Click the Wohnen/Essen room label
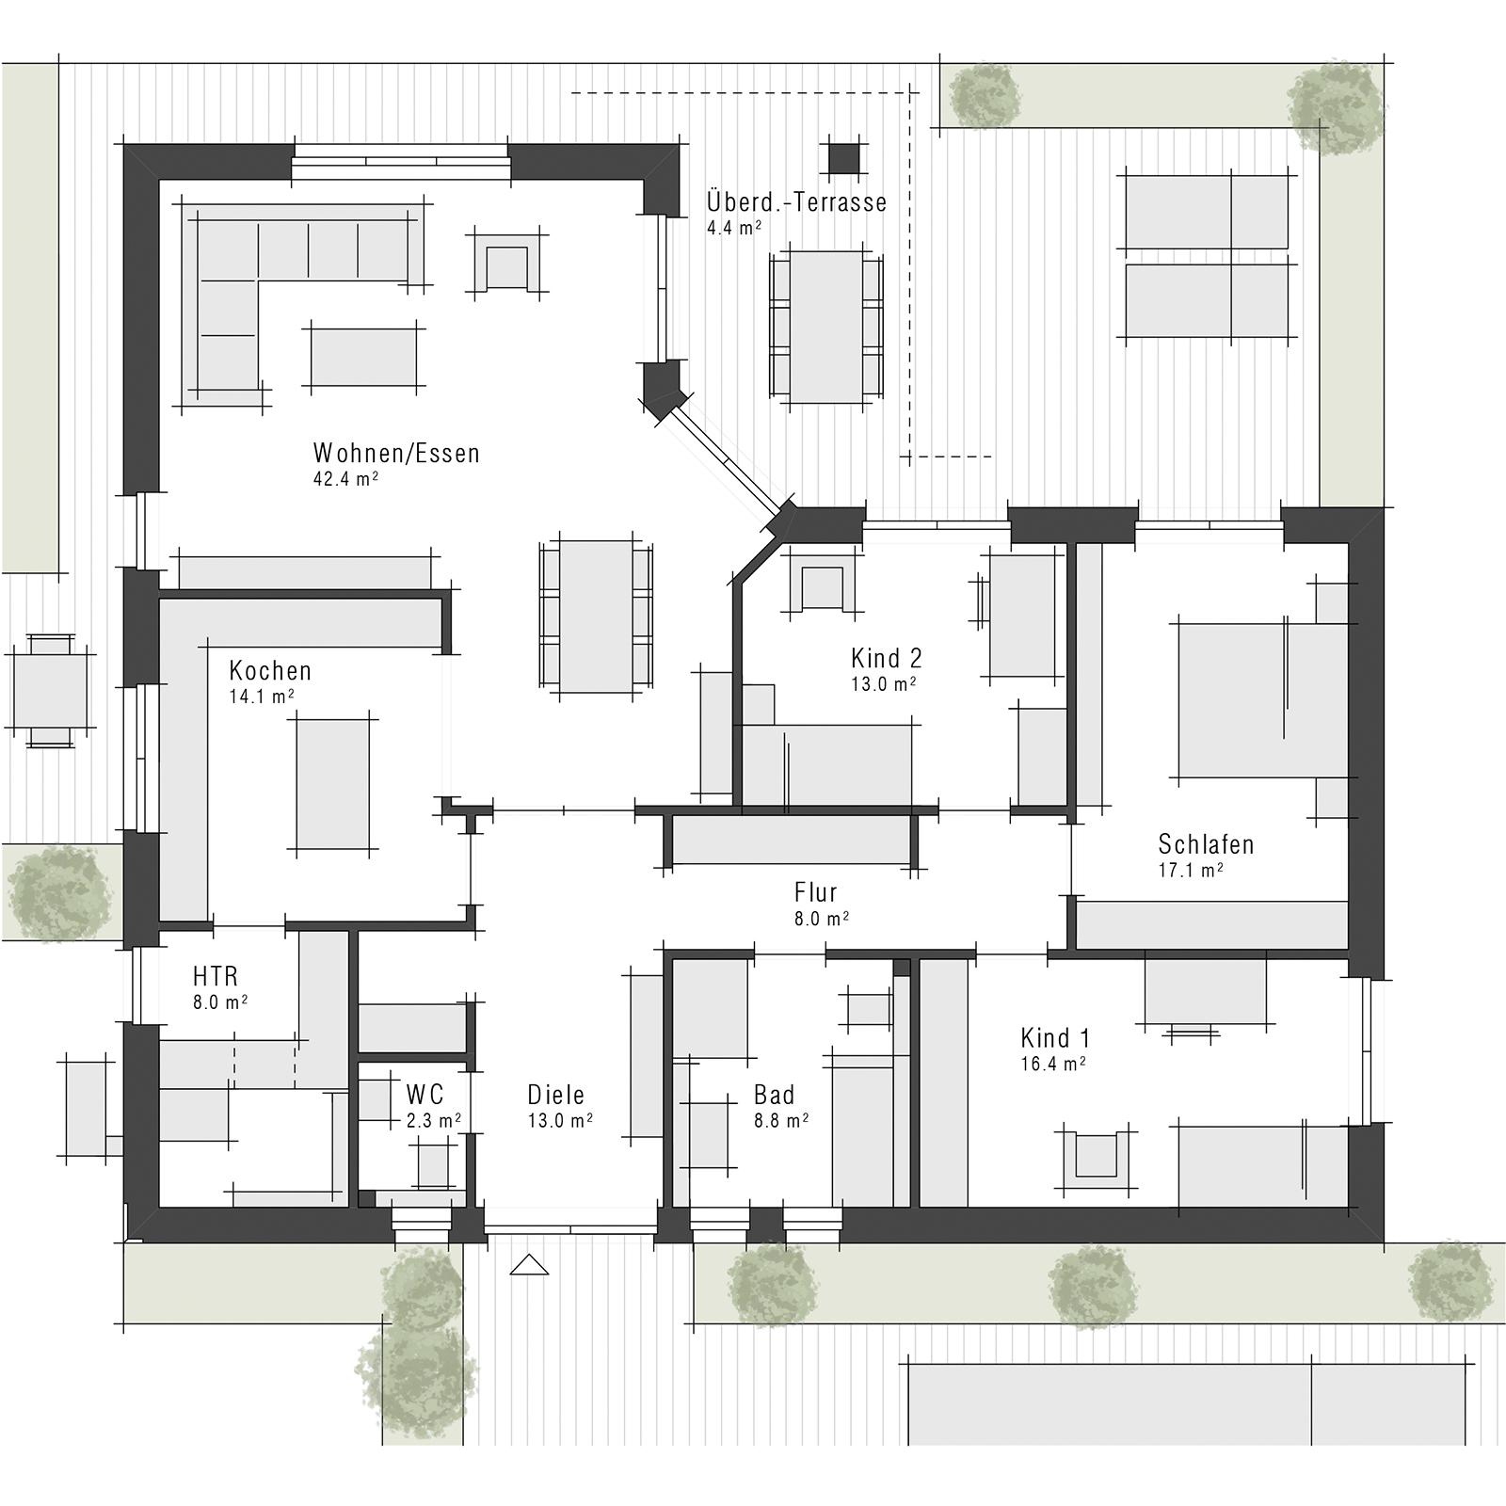[396, 454]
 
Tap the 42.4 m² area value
[345, 478]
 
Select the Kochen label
[270, 671]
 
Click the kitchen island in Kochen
[332, 785]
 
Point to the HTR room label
[216, 975]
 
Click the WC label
[425, 1095]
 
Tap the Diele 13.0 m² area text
[559, 1121]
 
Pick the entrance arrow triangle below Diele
[529, 1265]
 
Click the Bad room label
[774, 1095]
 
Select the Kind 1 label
[1055, 1039]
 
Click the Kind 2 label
[886, 658]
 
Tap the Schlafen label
[1206, 844]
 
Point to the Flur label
[815, 892]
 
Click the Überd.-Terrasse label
[796, 202]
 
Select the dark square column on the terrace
[844, 158]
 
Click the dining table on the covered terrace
[826, 327]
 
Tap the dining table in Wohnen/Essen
[596, 617]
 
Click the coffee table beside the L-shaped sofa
[363, 357]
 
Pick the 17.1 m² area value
[1190, 871]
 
